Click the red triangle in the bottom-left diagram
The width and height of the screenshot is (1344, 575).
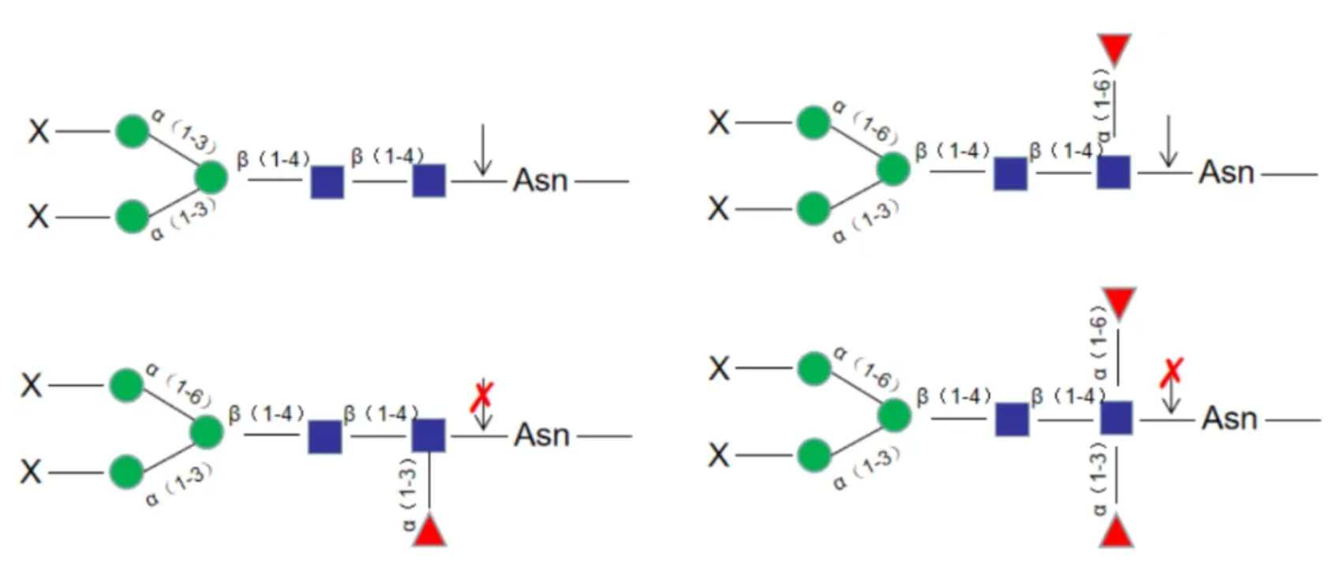429,531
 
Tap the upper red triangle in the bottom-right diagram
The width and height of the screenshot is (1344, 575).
1118,302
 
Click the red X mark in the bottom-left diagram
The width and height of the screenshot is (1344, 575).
481,397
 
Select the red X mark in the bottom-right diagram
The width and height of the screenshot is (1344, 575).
1172,372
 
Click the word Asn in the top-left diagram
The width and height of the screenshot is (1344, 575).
541,181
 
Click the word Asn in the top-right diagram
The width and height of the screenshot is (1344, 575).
1226,172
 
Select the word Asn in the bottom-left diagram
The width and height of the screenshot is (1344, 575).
541,435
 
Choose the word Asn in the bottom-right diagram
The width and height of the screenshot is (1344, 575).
1229,419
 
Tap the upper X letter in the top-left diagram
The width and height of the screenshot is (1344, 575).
39,131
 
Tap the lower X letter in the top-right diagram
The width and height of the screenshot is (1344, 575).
718,209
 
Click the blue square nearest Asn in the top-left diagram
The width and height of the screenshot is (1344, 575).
429,181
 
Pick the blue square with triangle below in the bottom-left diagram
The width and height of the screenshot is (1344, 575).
429,435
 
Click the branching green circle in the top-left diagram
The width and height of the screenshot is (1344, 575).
211,177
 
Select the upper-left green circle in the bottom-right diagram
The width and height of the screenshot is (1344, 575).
814,368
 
